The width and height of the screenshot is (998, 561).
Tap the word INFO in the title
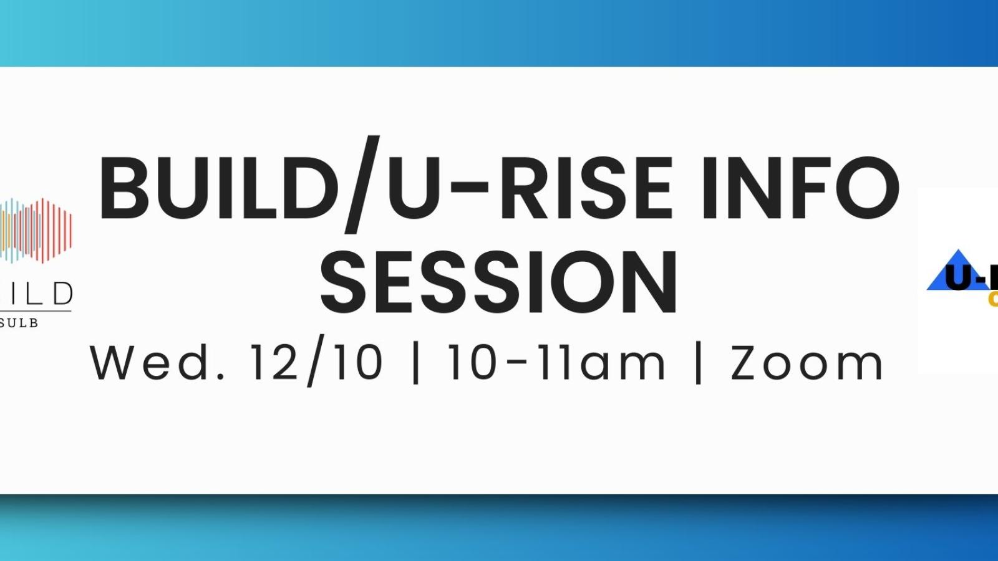[x=800, y=188]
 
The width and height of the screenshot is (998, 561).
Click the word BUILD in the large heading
[x=218, y=188]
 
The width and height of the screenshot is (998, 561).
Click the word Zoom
[x=807, y=363]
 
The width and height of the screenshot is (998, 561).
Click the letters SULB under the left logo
[x=19, y=323]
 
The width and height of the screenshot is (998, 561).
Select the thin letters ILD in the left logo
[x=37, y=293]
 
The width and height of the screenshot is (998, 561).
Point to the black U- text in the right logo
[x=970, y=278]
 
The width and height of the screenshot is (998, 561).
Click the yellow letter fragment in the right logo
[x=992, y=300]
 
